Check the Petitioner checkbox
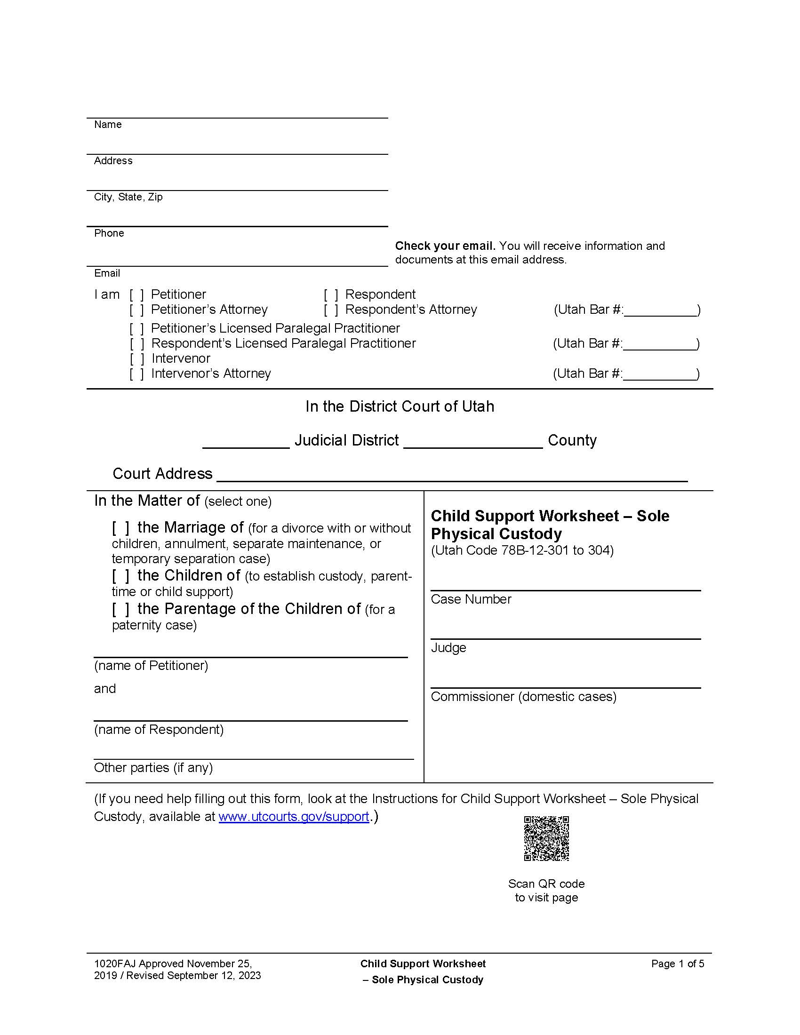pyautogui.click(x=136, y=295)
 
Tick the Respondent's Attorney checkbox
pyautogui.click(x=331, y=310)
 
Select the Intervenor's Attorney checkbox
pyautogui.click(x=136, y=374)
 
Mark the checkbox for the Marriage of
pyautogui.click(x=120, y=528)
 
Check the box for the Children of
pyautogui.click(x=120, y=576)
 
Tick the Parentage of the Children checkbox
pyautogui.click(x=120, y=609)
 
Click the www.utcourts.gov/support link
pyautogui.click(x=293, y=817)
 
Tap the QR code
pyautogui.click(x=546, y=838)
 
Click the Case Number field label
pyautogui.click(x=471, y=599)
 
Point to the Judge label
pyautogui.click(x=448, y=648)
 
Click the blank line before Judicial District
pyautogui.click(x=246, y=443)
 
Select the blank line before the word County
pyautogui.click(x=472, y=443)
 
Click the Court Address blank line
pyautogui.click(x=451, y=476)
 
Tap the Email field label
pyautogui.click(x=107, y=273)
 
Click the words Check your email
pyautogui.click(x=445, y=246)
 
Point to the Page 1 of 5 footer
pyautogui.click(x=677, y=963)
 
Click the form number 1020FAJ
pyautogui.click(x=115, y=963)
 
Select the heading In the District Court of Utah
pyautogui.click(x=400, y=406)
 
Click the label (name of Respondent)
pyautogui.click(x=159, y=729)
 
